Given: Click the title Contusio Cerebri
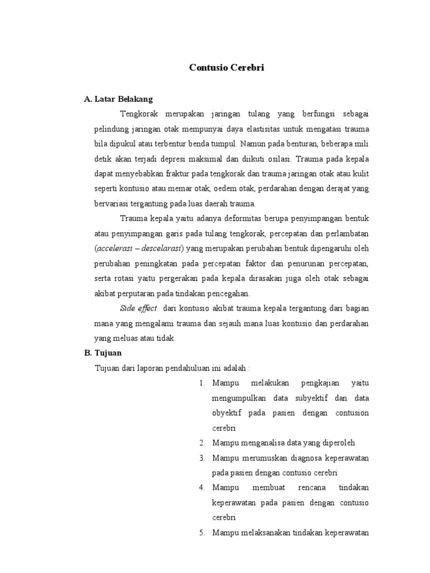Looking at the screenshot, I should (x=226, y=68).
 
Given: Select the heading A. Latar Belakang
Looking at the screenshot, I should (x=118, y=99).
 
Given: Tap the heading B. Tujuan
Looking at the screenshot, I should (x=102, y=353).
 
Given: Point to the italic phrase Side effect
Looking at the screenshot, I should (x=138, y=308).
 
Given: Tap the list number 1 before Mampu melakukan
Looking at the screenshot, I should (x=202, y=383).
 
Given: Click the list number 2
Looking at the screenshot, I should (x=202, y=443).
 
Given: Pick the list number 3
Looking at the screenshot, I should (x=202, y=458).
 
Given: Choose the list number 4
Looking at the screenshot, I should (x=202, y=488).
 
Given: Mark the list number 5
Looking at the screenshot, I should (x=202, y=533).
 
